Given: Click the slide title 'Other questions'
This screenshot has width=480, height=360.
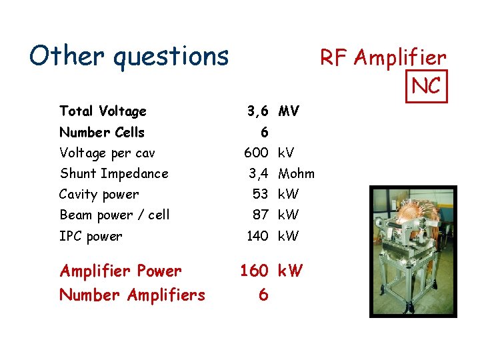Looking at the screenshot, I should [x=129, y=56].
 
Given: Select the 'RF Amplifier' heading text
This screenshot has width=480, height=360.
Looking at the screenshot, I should [x=383, y=58].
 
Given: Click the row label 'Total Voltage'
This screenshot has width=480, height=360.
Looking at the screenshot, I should [x=103, y=111].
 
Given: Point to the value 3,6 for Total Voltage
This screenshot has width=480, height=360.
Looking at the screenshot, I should [x=257, y=111].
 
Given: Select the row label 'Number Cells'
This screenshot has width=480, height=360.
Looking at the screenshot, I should [x=102, y=132].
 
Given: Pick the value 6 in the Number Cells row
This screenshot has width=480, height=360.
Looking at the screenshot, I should [x=264, y=133].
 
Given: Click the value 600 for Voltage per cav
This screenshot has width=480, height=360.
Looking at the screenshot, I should [x=255, y=153].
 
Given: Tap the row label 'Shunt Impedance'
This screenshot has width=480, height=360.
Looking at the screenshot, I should [x=114, y=173].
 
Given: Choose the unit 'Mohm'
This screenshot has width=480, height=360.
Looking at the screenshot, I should [x=297, y=174].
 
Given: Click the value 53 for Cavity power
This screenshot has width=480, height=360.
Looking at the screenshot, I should [x=260, y=194].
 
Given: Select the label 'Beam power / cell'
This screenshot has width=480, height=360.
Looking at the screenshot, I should [x=115, y=215].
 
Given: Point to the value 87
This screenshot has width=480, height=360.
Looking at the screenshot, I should [x=260, y=215].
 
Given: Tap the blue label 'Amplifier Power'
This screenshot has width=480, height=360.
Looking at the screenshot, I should [x=121, y=271].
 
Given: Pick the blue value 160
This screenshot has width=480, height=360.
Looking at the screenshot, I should [x=254, y=271].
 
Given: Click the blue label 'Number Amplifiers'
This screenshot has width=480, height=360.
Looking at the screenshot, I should [x=133, y=294].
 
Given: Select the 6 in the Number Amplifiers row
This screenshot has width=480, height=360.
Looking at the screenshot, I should [x=264, y=294].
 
